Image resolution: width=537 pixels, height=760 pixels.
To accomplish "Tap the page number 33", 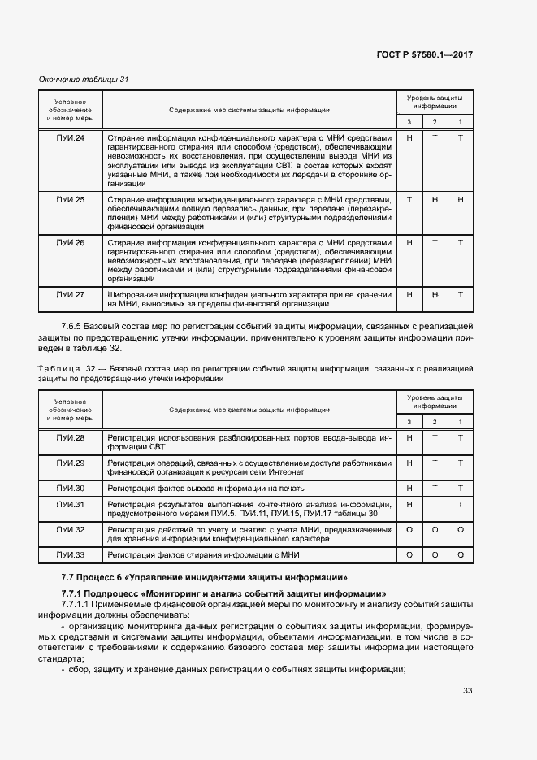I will point(467,691).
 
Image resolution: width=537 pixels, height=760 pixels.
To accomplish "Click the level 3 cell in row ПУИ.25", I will point(409,199).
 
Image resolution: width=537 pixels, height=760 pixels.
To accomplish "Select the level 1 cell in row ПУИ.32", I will point(461,529).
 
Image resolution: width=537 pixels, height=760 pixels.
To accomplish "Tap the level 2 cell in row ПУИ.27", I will point(435,294).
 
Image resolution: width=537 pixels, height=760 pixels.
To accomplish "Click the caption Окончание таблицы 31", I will point(84,79).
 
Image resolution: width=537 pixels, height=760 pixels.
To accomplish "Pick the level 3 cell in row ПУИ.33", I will point(409,555).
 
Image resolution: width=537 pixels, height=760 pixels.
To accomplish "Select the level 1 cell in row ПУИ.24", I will point(461,138).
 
